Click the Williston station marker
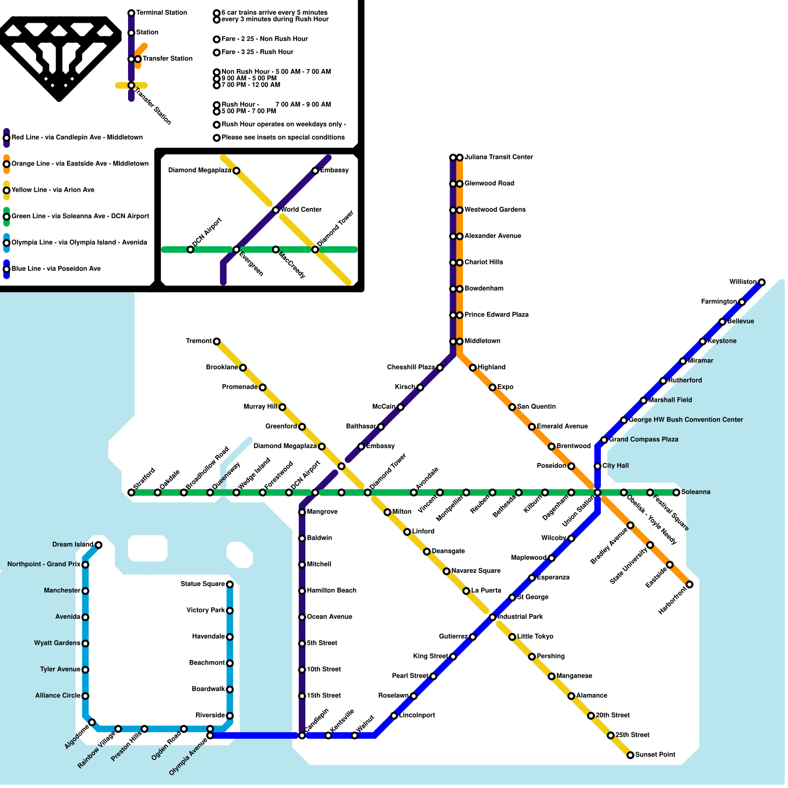761,282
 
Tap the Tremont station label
198,341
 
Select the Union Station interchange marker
597,492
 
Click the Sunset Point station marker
630,755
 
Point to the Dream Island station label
72,544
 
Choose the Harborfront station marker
689,585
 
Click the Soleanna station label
695,492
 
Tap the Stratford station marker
131,492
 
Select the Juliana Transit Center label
498,157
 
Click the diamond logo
59,57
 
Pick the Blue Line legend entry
56,269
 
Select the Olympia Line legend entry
79,242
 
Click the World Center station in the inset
276,210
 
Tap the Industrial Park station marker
492,617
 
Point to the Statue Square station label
202,584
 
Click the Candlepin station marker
302,735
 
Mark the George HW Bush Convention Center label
686,420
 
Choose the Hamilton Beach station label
331,591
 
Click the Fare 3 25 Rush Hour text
257,52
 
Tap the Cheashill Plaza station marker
440,368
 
